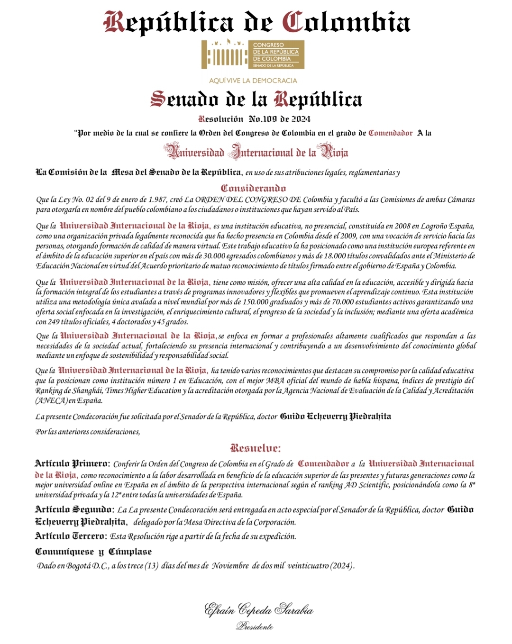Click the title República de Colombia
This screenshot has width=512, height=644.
(256, 22)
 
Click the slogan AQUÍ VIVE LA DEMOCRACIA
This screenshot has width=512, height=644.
(253, 81)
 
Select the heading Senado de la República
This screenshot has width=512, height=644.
(256, 99)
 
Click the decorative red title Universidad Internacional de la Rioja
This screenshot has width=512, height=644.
(256, 152)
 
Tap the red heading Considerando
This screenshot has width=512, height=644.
(253, 188)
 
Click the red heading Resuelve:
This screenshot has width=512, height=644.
(255, 448)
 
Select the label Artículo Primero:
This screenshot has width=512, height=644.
(72, 463)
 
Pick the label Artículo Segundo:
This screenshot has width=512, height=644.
(74, 509)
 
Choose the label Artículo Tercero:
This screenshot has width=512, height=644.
(71, 536)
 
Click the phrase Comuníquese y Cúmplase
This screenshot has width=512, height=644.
(93, 552)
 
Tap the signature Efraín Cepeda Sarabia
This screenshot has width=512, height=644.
(258, 609)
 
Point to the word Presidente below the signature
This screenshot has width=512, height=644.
(255, 626)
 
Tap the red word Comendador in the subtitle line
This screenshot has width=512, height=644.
(390, 133)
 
